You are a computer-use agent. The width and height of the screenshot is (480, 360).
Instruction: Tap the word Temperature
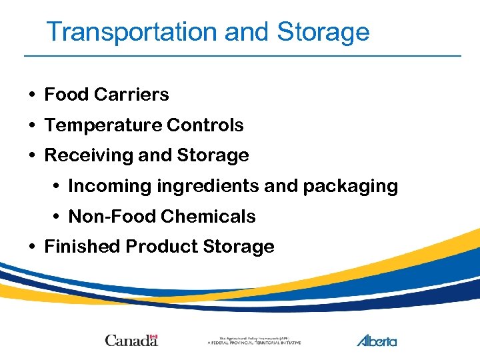pos(103,125)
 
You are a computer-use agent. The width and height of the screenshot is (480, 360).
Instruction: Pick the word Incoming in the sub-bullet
pos(110,186)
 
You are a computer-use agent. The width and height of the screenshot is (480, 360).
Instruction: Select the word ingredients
pos(209,186)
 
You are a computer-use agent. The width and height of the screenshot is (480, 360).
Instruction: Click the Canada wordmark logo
pos(131,340)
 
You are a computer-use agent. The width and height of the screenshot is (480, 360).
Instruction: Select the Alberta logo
pos(377,340)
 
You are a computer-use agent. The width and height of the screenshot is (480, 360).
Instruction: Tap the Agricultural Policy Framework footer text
pos(253,340)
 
